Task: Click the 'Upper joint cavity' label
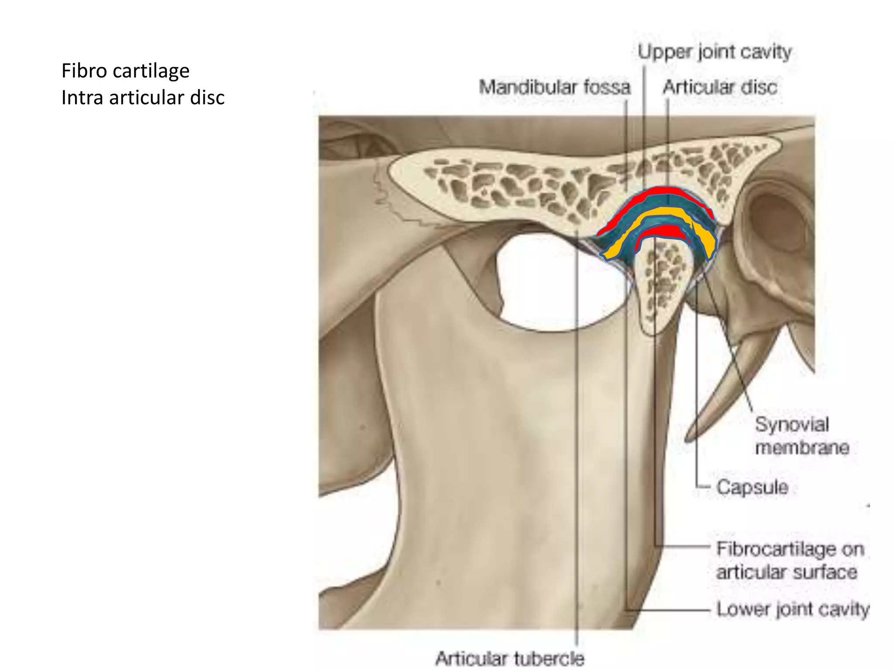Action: coord(714,52)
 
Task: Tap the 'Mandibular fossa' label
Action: coord(554,87)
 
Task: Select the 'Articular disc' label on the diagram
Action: coord(720,87)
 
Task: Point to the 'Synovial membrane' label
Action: coord(801,436)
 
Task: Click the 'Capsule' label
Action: coord(752,487)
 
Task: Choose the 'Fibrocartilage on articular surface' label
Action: coord(789,561)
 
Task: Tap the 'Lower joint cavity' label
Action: coord(792,609)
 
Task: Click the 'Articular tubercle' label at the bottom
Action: coord(509,658)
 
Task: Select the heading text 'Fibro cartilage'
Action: coord(125,71)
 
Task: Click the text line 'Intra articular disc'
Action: coord(143,97)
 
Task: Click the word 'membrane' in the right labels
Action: coord(802,448)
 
